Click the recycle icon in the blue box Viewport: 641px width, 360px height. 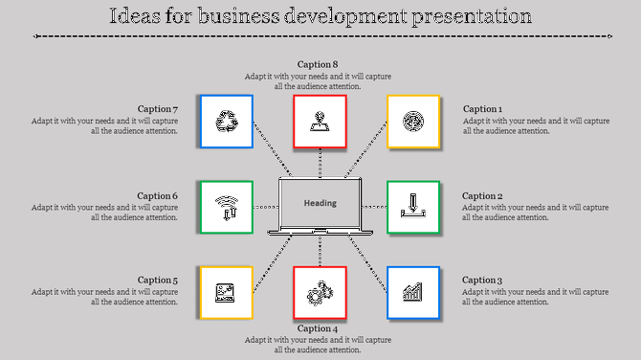click(227, 122)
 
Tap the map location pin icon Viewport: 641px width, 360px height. click(319, 122)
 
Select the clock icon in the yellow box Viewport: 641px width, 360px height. click(412, 122)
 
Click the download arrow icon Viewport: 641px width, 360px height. click(412, 206)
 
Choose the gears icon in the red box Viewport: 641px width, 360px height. click(319, 293)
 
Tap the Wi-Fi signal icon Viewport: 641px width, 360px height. click(227, 207)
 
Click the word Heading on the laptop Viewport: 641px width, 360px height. click(320, 203)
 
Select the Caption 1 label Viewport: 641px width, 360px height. click(481, 109)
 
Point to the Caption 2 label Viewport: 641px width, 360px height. click(482, 196)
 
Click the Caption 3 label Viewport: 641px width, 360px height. click(482, 281)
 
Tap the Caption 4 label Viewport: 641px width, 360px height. click(318, 328)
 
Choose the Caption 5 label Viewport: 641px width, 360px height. click(158, 281)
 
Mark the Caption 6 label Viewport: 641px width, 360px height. click(158, 196)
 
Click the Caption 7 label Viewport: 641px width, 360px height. click(158, 109)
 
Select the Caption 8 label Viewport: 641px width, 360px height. click(318, 64)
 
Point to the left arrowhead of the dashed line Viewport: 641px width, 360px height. click(35, 36)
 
